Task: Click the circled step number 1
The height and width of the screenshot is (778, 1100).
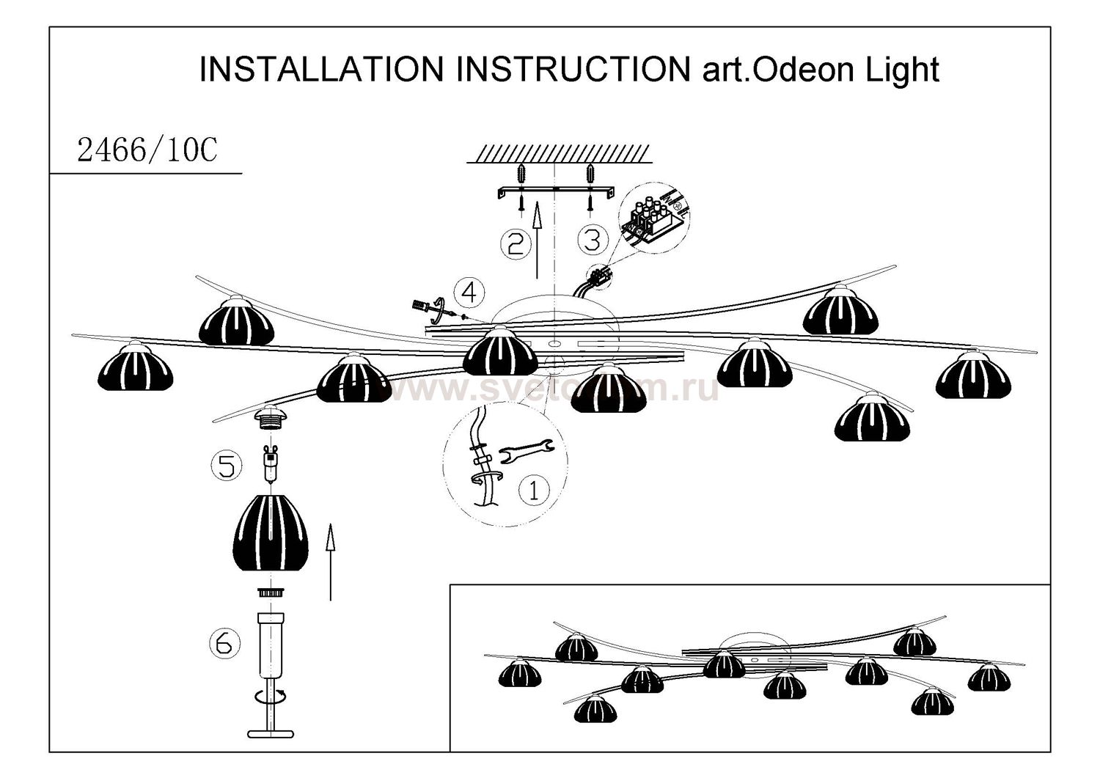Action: pos(534,490)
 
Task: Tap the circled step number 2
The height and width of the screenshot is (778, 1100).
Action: pos(516,243)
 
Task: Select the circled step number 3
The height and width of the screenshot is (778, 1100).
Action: pos(593,239)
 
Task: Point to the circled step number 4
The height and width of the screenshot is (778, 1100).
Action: pos(469,293)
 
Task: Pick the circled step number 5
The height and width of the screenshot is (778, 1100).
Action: pos(227,466)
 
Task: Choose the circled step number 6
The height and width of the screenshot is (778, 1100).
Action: pos(224,643)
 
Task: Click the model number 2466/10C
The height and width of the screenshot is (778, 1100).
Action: pos(147,151)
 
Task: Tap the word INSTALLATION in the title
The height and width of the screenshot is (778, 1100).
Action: pos(321,70)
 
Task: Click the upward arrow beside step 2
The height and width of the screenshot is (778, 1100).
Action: pos(538,241)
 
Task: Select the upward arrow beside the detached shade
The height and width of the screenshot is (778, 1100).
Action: pos(331,561)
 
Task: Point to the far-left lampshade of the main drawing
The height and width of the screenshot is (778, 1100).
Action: pos(135,367)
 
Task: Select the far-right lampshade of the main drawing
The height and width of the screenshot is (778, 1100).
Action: pos(973,375)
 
